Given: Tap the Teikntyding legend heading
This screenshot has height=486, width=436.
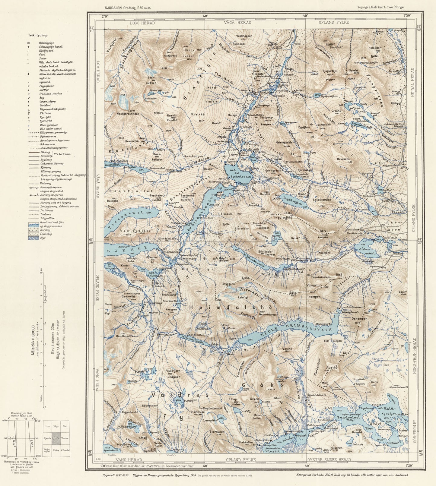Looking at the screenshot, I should click(x=36, y=35).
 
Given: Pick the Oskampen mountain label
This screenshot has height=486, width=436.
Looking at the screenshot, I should click(x=359, y=318).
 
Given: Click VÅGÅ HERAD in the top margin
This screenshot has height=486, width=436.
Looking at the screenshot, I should click(x=238, y=23).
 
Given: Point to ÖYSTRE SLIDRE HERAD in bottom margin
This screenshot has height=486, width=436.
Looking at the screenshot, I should click(x=329, y=459).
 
